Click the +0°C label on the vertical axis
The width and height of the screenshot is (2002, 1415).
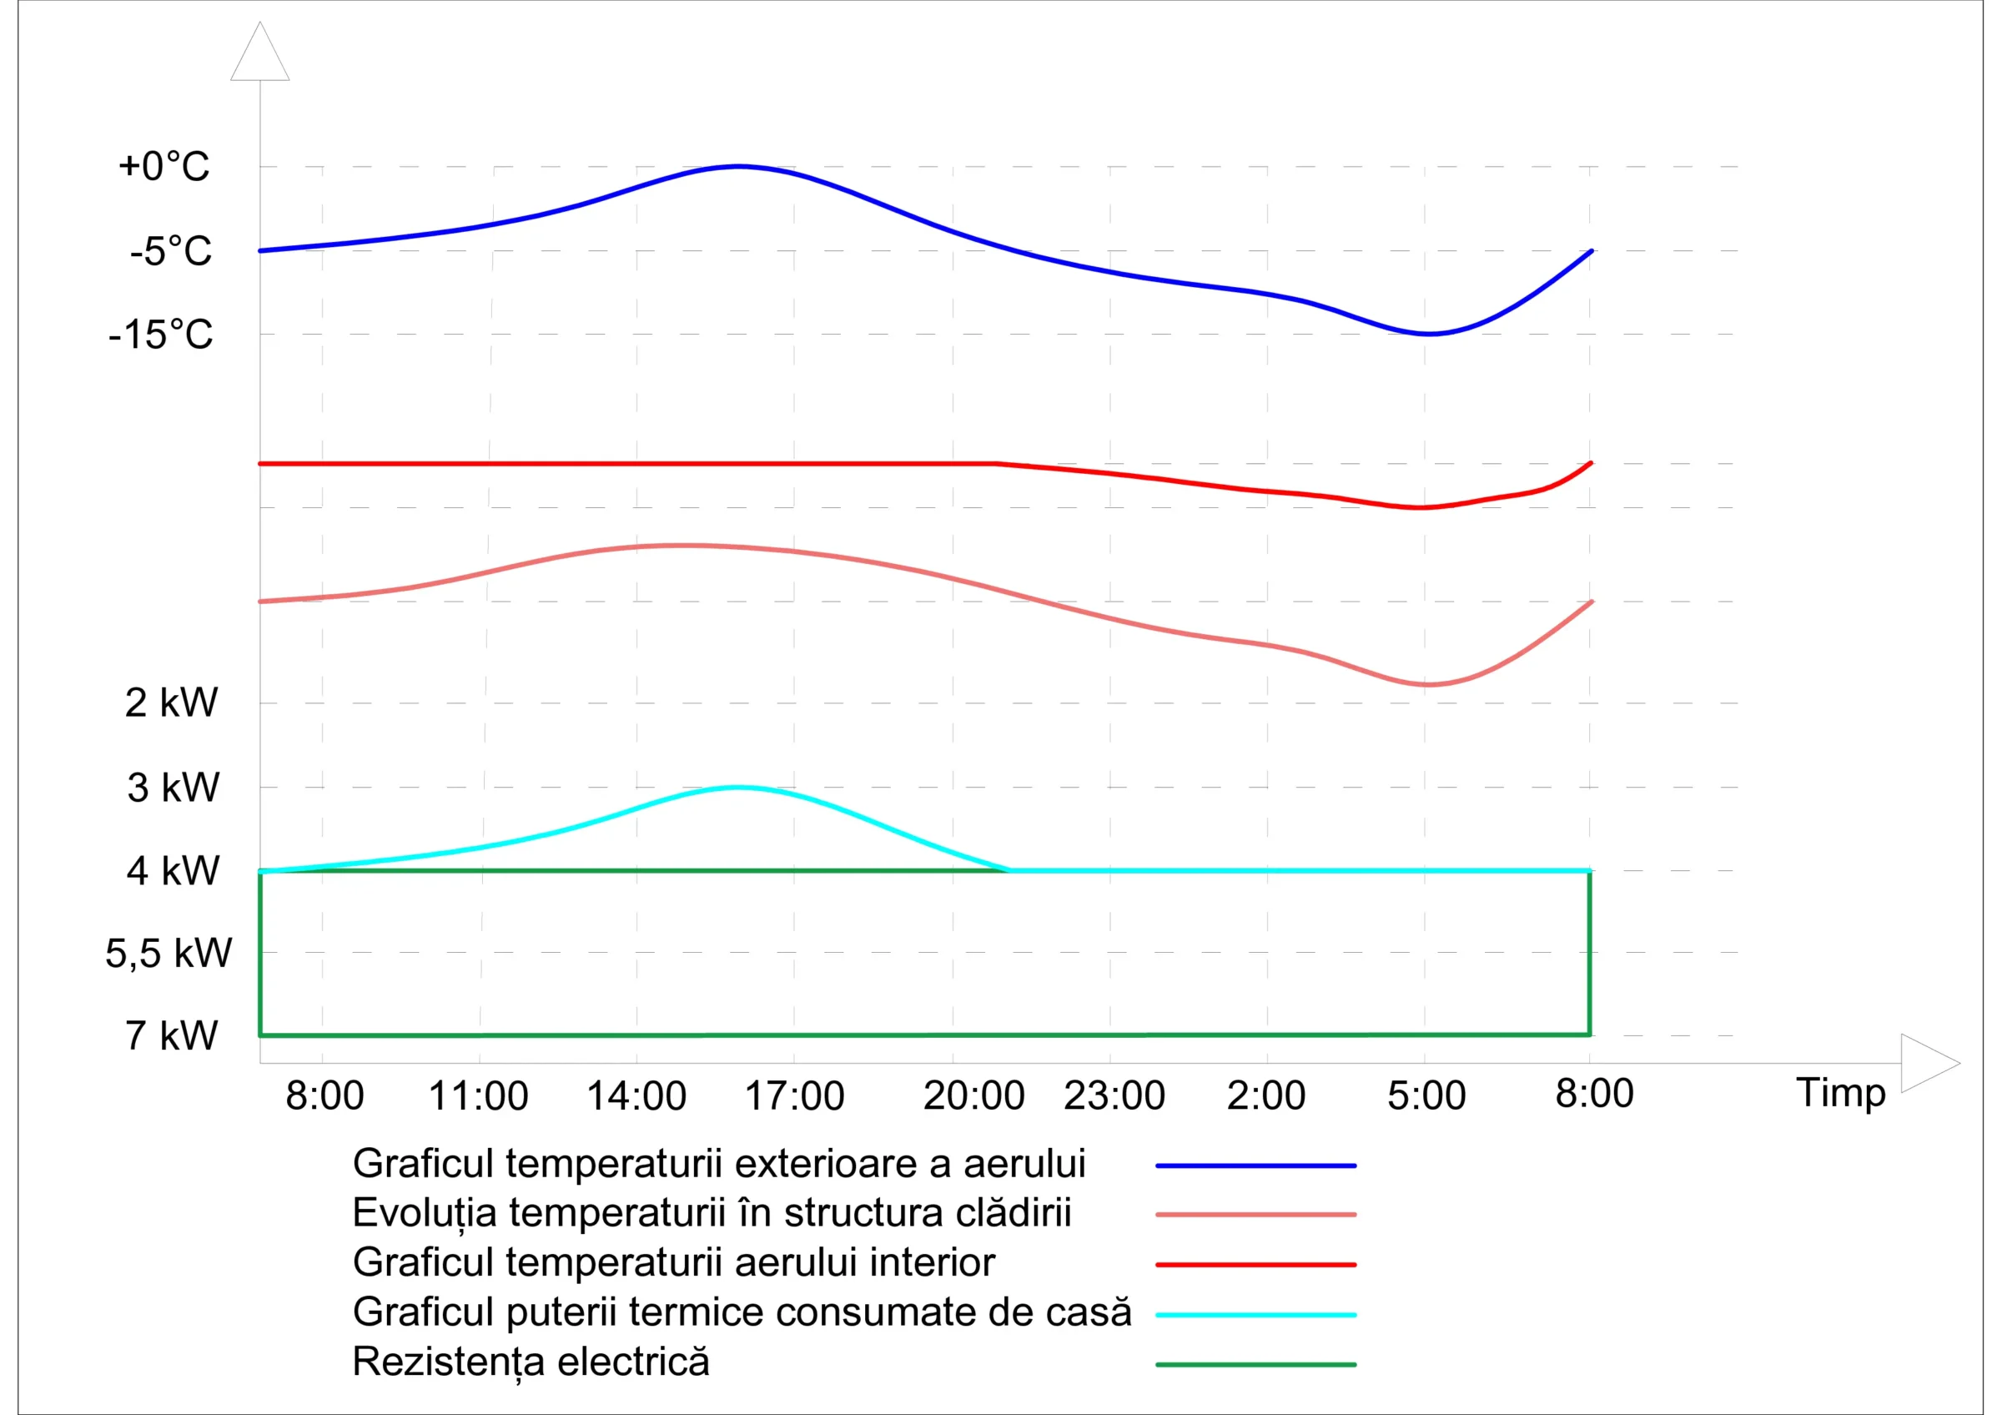point(164,167)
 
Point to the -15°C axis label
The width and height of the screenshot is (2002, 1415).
point(160,335)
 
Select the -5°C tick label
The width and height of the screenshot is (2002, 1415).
point(171,251)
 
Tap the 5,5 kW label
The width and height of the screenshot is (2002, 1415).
point(169,953)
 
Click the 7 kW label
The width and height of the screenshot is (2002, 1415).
point(171,1035)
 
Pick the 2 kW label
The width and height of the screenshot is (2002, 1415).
point(171,702)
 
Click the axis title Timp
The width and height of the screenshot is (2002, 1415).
point(1841,1093)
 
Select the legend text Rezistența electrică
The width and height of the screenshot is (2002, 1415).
point(531,1362)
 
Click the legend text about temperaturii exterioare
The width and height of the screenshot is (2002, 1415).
point(719,1164)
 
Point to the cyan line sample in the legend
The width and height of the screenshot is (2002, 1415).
point(1255,1315)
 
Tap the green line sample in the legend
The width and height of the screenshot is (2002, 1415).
point(1255,1364)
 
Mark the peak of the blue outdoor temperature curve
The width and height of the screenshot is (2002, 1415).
point(737,166)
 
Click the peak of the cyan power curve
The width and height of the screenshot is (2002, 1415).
point(737,788)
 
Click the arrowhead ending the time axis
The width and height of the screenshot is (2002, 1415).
point(1929,1063)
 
